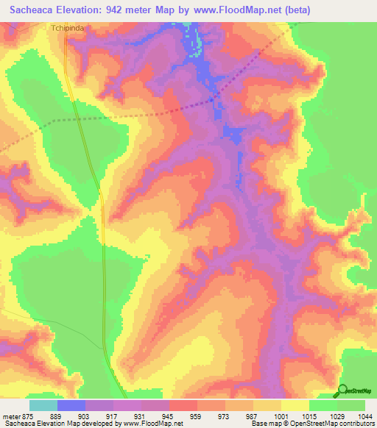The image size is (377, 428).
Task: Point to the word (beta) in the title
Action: pos(289,10)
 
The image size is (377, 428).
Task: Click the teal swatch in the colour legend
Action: pos(43,404)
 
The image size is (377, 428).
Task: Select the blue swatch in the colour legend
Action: pos(71,404)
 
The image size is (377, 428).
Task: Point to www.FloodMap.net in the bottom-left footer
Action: pos(152,424)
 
